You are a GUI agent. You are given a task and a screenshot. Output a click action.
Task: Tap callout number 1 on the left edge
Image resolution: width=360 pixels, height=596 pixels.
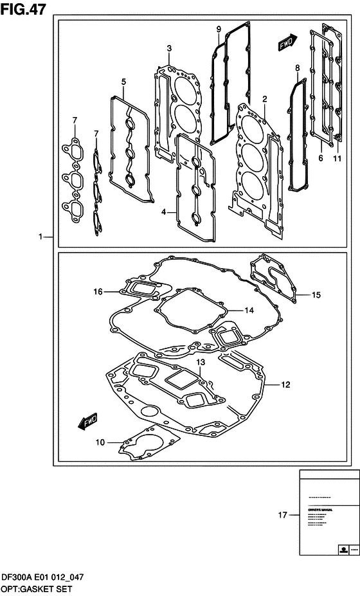pyautogui.click(x=40, y=237)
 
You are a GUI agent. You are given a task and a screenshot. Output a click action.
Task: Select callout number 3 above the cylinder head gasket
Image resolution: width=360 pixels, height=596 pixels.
pyautogui.click(x=168, y=48)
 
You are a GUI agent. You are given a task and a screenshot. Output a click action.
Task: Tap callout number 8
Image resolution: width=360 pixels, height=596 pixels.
pyautogui.click(x=297, y=68)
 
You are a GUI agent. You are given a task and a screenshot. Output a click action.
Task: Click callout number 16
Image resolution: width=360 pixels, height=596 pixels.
pyautogui.click(x=98, y=292)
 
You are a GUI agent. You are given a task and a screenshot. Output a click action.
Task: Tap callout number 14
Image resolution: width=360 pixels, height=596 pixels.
pyautogui.click(x=249, y=310)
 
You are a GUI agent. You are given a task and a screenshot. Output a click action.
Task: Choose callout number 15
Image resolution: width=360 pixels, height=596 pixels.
pyautogui.click(x=316, y=295)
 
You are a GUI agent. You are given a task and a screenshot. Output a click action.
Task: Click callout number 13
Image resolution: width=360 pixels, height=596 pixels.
pyautogui.click(x=201, y=363)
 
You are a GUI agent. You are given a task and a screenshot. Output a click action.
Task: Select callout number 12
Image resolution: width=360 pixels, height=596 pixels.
pyautogui.click(x=285, y=385)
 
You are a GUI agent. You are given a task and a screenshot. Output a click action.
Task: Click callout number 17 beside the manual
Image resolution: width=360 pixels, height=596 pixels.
pyautogui.click(x=282, y=514)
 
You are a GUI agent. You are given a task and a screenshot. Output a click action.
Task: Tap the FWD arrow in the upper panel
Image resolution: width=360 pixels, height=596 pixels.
pyautogui.click(x=287, y=42)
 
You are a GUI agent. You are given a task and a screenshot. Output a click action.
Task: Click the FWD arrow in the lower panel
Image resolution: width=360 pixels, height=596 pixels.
pyautogui.click(x=87, y=421)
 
